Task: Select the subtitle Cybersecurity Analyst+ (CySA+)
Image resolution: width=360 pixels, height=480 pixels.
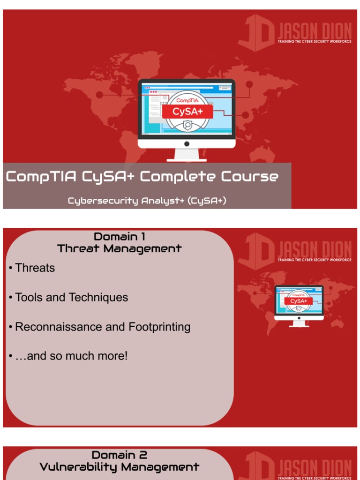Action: click(147, 201)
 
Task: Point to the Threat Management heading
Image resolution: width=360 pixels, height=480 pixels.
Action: click(119, 249)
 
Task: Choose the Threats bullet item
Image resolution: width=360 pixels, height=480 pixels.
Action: click(35, 268)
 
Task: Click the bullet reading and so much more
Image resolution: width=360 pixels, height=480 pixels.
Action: click(70, 356)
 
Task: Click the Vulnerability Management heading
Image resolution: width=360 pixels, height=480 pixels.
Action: click(119, 467)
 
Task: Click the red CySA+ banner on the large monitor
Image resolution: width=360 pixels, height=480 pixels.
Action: click(187, 112)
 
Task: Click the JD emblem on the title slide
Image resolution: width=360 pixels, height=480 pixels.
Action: click(256, 33)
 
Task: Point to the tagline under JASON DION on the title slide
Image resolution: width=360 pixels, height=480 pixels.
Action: click(315, 42)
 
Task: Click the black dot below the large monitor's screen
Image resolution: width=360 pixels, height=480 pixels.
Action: click(187, 143)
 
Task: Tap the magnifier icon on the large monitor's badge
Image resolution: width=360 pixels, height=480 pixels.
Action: click(187, 125)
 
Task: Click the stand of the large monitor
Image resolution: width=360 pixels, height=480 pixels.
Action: click(187, 155)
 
